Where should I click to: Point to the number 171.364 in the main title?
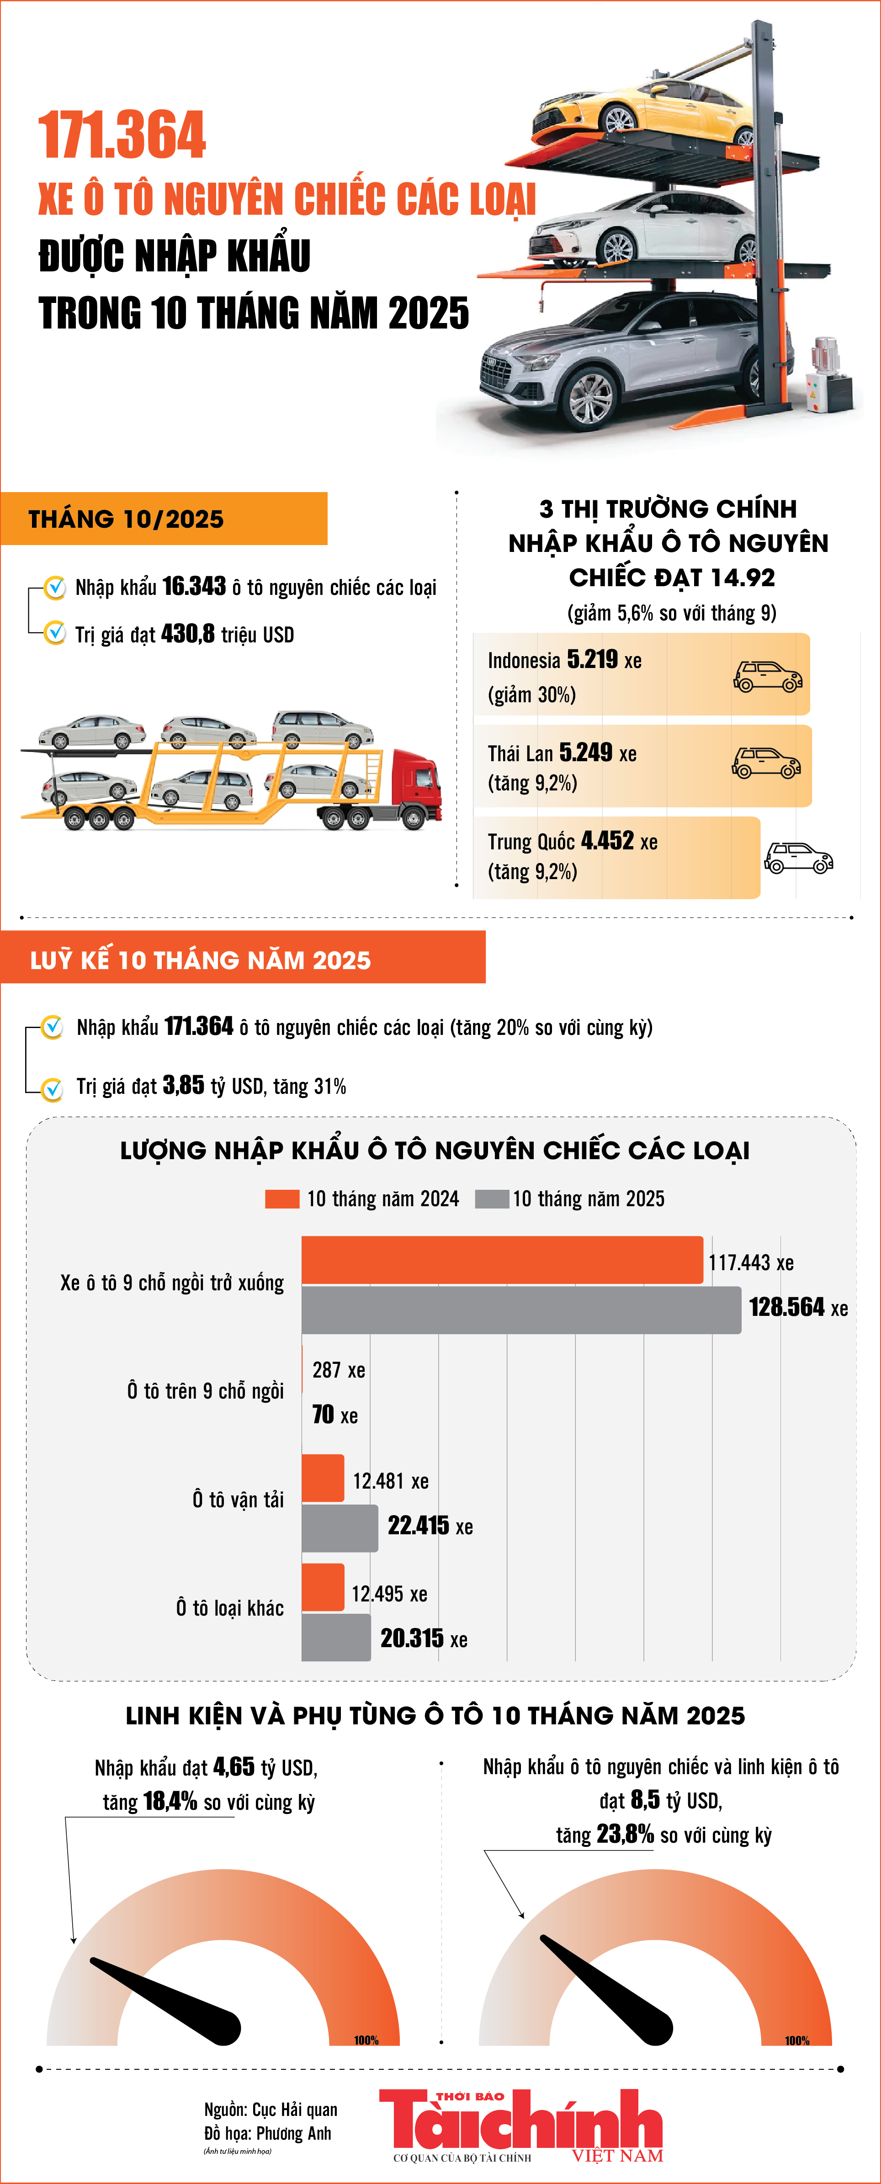pyautogui.click(x=122, y=136)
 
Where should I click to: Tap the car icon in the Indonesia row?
pyautogui.click(x=767, y=677)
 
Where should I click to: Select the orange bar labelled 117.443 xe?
pyautogui.click(x=502, y=1260)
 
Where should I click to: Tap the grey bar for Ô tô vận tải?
pyautogui.click(x=339, y=1528)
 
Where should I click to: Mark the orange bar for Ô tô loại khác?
pyautogui.click(x=323, y=1587)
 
